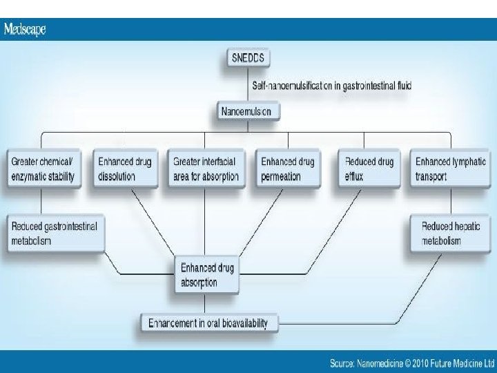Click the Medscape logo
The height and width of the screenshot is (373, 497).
26,30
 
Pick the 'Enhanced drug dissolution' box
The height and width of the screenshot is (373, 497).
124,169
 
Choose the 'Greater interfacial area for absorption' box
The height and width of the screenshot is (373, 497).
206,169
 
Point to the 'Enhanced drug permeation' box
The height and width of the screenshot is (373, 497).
287,169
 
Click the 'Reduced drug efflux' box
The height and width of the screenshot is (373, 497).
369,169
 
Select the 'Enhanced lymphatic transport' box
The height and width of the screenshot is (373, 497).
451,169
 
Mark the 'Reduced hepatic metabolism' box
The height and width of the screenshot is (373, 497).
451,233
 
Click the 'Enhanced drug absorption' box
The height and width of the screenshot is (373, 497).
206,275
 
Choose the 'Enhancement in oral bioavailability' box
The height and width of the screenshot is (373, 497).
209,322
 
